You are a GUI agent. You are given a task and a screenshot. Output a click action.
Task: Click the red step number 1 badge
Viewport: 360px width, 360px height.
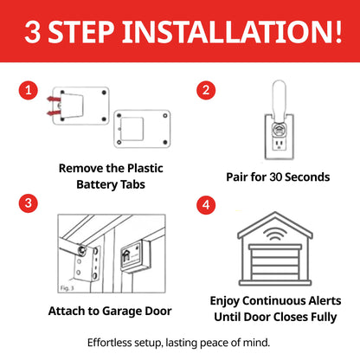29,90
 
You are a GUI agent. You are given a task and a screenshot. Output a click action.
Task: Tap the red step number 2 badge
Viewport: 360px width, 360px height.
205,90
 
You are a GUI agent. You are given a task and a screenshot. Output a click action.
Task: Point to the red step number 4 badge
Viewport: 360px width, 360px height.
205,204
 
